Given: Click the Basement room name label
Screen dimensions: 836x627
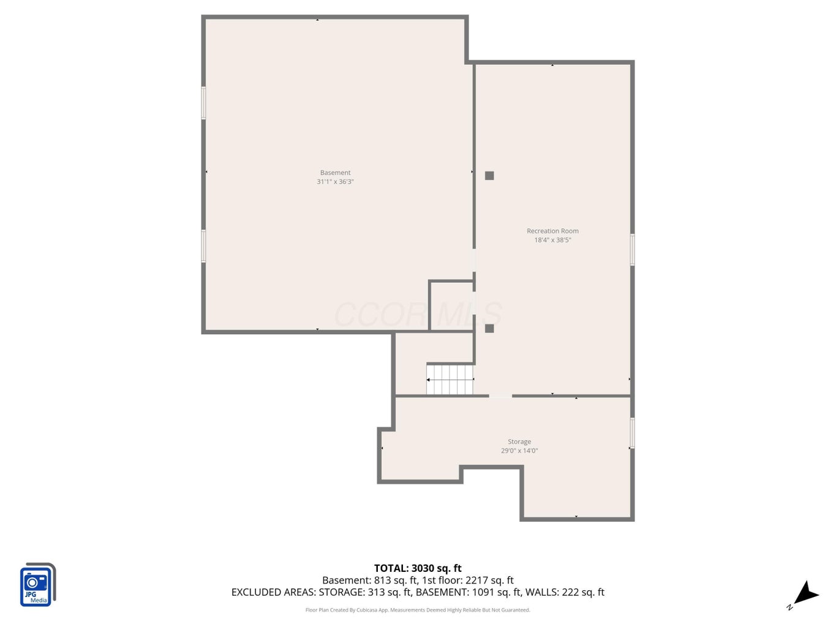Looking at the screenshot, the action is [335, 173].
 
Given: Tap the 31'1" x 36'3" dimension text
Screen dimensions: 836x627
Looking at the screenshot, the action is [335, 182].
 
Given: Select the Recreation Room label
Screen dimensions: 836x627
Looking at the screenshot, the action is [552, 231].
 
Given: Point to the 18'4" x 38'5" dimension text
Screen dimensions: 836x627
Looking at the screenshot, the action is [552, 240].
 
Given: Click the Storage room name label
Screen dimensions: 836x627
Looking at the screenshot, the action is [519, 441].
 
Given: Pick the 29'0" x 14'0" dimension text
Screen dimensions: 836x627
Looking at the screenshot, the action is [519, 451].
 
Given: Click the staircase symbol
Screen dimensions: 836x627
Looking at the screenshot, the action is [450, 380].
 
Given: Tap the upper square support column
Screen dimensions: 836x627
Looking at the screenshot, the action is [489, 176].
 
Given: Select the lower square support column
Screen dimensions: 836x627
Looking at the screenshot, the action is [489, 328].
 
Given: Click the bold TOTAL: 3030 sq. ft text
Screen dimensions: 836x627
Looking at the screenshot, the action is [418, 568].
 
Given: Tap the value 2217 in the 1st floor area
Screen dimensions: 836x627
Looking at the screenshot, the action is [476, 580].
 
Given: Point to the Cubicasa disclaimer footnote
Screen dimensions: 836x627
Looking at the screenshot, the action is [418, 610].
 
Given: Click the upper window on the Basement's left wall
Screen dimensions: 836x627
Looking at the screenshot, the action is [203, 103].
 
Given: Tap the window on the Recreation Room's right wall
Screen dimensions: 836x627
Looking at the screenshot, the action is [632, 250].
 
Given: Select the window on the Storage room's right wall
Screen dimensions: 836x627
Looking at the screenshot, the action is [632, 433].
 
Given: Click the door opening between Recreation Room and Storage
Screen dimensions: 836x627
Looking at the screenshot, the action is [500, 396].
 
